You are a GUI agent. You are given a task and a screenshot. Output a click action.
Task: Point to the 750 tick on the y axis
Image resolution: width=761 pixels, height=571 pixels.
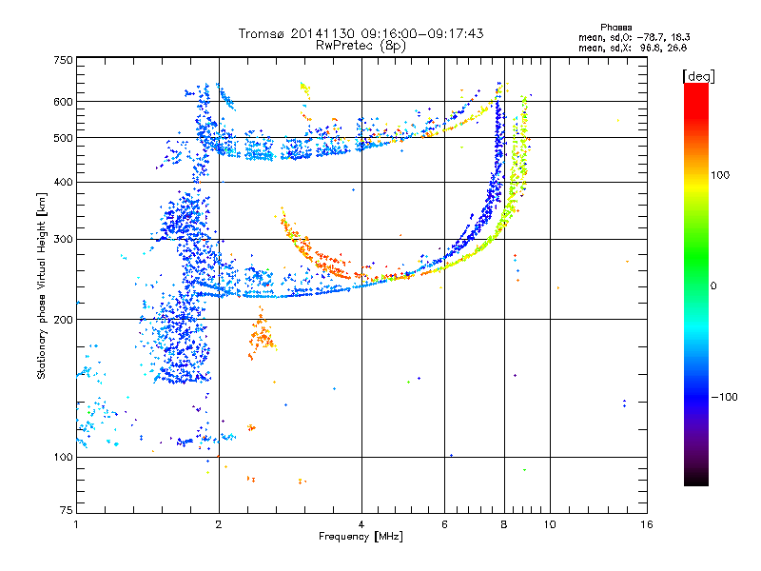tap(62, 59)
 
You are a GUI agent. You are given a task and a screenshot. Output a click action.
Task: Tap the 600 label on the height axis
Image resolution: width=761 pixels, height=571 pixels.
tap(62, 101)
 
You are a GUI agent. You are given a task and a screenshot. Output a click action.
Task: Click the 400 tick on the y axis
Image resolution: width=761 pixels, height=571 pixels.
tap(62, 182)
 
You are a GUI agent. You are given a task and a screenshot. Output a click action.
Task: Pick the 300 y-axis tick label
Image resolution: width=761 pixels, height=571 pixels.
tap(62, 240)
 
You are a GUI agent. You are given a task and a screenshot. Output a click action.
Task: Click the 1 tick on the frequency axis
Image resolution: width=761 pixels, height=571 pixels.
tap(76, 523)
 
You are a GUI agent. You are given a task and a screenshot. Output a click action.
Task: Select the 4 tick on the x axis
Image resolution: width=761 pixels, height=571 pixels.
tap(361, 523)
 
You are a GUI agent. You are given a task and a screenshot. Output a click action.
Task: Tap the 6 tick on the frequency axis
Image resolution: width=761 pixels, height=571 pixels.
tap(445, 523)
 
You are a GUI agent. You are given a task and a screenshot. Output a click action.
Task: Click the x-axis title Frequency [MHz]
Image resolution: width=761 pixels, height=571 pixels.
tap(361, 537)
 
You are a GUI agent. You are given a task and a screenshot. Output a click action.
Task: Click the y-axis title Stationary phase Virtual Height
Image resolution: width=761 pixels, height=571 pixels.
tap(42, 285)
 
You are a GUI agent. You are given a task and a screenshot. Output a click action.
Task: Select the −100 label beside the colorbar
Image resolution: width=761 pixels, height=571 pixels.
tap(726, 397)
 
